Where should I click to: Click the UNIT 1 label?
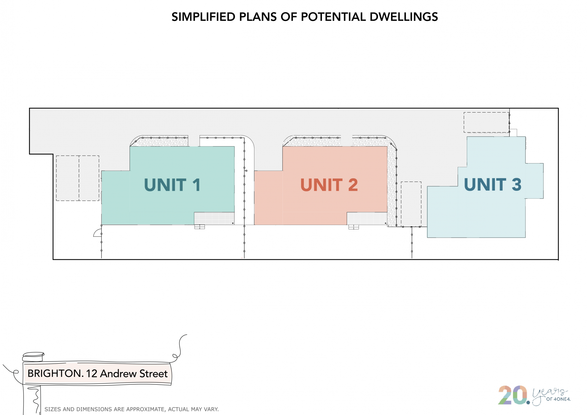pos(172,185)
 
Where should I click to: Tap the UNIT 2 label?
pos(329,185)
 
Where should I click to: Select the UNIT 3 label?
pos(493,184)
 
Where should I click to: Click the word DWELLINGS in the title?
pos(404,17)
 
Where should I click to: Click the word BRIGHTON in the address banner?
pos(54,373)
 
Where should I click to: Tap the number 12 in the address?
pos(92,373)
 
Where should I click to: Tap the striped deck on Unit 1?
pos(214,218)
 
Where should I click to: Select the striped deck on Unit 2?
pos(367,218)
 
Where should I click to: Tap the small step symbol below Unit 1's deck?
pos(200,227)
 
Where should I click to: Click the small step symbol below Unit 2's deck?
pos(354,227)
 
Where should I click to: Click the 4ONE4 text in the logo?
pos(562,399)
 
